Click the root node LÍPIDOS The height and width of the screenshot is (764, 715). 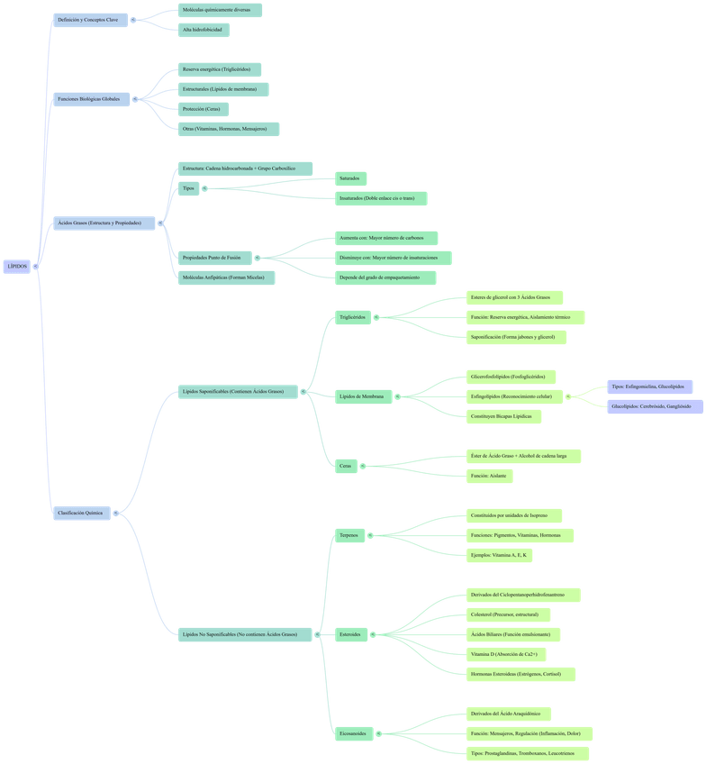point(17,267)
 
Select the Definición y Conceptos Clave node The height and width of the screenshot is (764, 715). point(88,19)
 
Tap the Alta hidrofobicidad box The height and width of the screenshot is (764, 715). point(203,30)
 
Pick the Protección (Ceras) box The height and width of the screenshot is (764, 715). point(203,109)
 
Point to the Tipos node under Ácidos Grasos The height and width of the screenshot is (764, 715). point(187,188)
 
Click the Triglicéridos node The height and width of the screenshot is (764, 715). point(352,317)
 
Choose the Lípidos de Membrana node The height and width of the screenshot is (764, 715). point(362,396)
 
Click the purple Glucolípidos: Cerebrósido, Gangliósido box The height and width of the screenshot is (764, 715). point(650,406)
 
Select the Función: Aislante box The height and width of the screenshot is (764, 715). point(489,475)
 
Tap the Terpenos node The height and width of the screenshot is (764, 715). point(348,534)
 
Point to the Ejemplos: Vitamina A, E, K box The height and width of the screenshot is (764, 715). point(500,555)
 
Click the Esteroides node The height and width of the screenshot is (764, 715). point(349,634)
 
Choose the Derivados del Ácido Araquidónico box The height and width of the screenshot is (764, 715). point(511,714)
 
